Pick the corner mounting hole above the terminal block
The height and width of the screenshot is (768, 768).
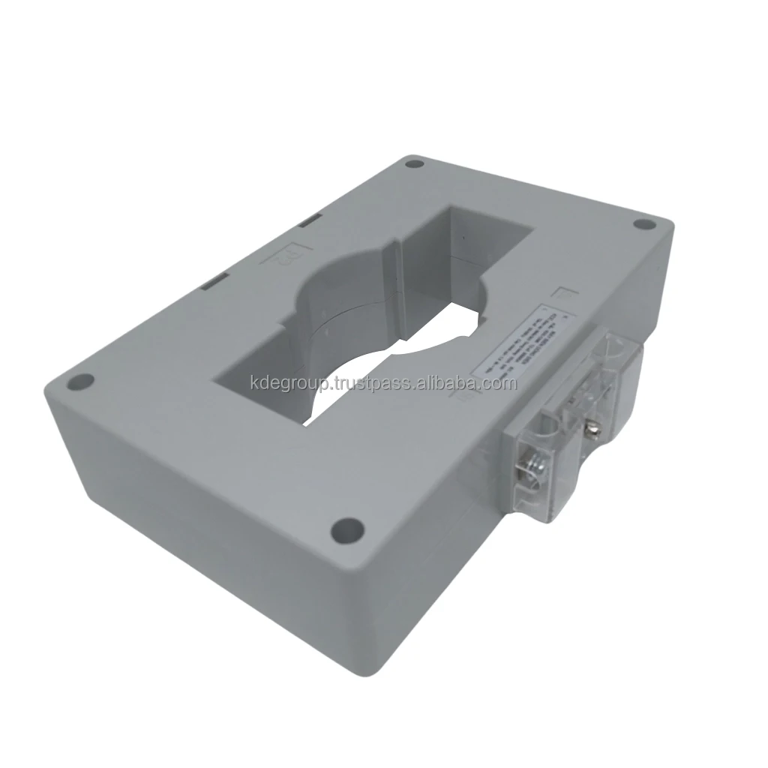(x=643, y=223)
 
